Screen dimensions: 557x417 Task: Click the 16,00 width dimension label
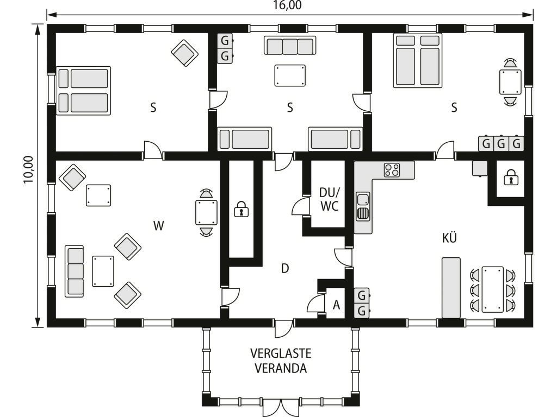(x=287, y=5)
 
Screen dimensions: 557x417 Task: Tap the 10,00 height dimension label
(x=28, y=169)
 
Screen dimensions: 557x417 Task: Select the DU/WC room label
(x=329, y=199)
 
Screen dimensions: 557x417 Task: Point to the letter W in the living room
(x=158, y=225)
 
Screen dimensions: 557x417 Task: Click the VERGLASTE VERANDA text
(x=281, y=361)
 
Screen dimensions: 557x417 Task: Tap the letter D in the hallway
(x=285, y=268)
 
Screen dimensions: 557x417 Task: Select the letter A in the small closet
(x=336, y=305)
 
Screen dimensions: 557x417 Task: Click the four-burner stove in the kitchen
(x=392, y=170)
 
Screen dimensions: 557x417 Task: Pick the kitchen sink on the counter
(x=363, y=207)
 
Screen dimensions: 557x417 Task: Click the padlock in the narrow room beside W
(x=241, y=209)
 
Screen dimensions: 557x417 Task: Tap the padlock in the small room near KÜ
(x=511, y=178)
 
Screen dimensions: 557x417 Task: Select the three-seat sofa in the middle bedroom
(x=290, y=46)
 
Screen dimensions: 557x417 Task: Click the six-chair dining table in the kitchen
(x=492, y=289)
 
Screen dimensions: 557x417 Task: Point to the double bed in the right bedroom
(x=417, y=60)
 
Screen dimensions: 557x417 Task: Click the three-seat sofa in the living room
(x=75, y=271)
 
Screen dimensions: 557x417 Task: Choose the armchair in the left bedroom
(x=185, y=53)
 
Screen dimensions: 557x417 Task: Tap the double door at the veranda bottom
(x=281, y=407)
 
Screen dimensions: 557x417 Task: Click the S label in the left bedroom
(x=153, y=107)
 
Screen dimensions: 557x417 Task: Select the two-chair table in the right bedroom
(x=510, y=83)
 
